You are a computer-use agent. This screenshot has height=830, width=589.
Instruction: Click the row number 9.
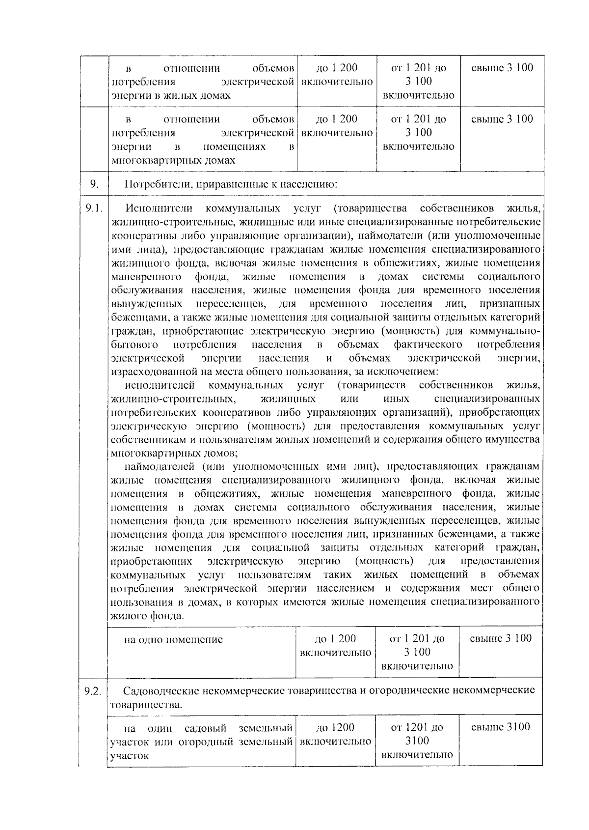click(x=95, y=185)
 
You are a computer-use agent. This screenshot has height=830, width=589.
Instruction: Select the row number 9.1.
click(x=94, y=208)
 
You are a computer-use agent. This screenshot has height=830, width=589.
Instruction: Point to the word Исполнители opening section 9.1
click(x=159, y=209)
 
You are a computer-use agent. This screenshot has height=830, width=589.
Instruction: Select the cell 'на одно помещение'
click(x=173, y=639)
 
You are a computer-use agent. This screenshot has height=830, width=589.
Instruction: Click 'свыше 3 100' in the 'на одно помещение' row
click(x=501, y=638)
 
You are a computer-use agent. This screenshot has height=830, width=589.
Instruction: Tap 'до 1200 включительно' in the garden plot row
click(x=335, y=734)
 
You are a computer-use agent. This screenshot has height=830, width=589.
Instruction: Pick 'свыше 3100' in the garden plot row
click(x=501, y=727)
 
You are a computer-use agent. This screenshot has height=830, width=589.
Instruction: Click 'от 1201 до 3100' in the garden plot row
click(x=417, y=734)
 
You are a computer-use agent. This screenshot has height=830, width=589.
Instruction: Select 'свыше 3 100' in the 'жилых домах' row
click(x=502, y=68)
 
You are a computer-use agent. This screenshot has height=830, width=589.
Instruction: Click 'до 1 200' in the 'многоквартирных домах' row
click(x=337, y=119)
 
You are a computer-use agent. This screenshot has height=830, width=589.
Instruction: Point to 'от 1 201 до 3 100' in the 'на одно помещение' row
click(x=417, y=645)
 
